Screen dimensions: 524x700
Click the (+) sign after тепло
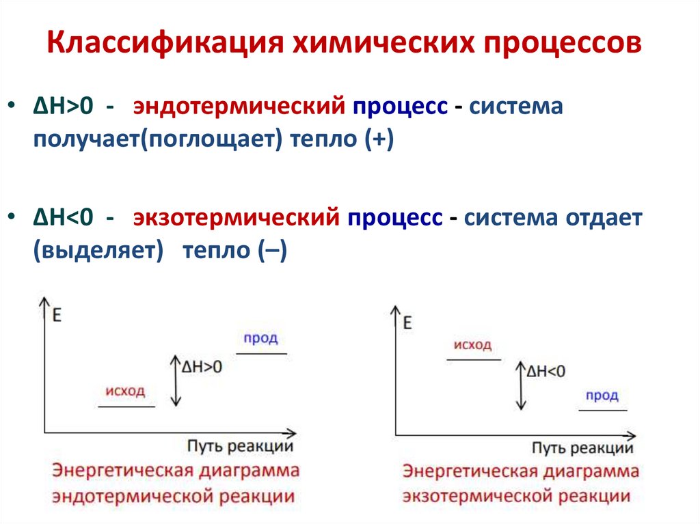tap(379, 141)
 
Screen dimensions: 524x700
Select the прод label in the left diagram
tap(261, 339)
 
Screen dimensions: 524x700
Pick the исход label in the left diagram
tap(126, 391)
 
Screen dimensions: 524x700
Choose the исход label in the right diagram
tap(472, 345)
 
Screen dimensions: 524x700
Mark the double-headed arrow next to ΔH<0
tap(522, 385)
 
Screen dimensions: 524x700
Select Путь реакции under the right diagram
tap(582, 448)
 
